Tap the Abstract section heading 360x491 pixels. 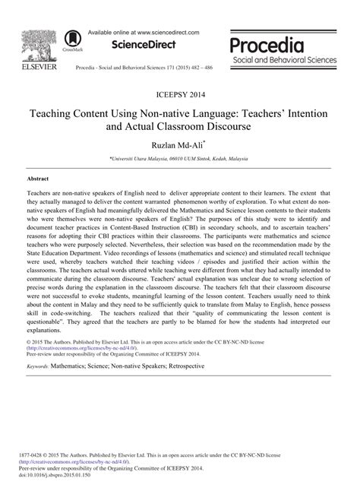click(38, 179)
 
